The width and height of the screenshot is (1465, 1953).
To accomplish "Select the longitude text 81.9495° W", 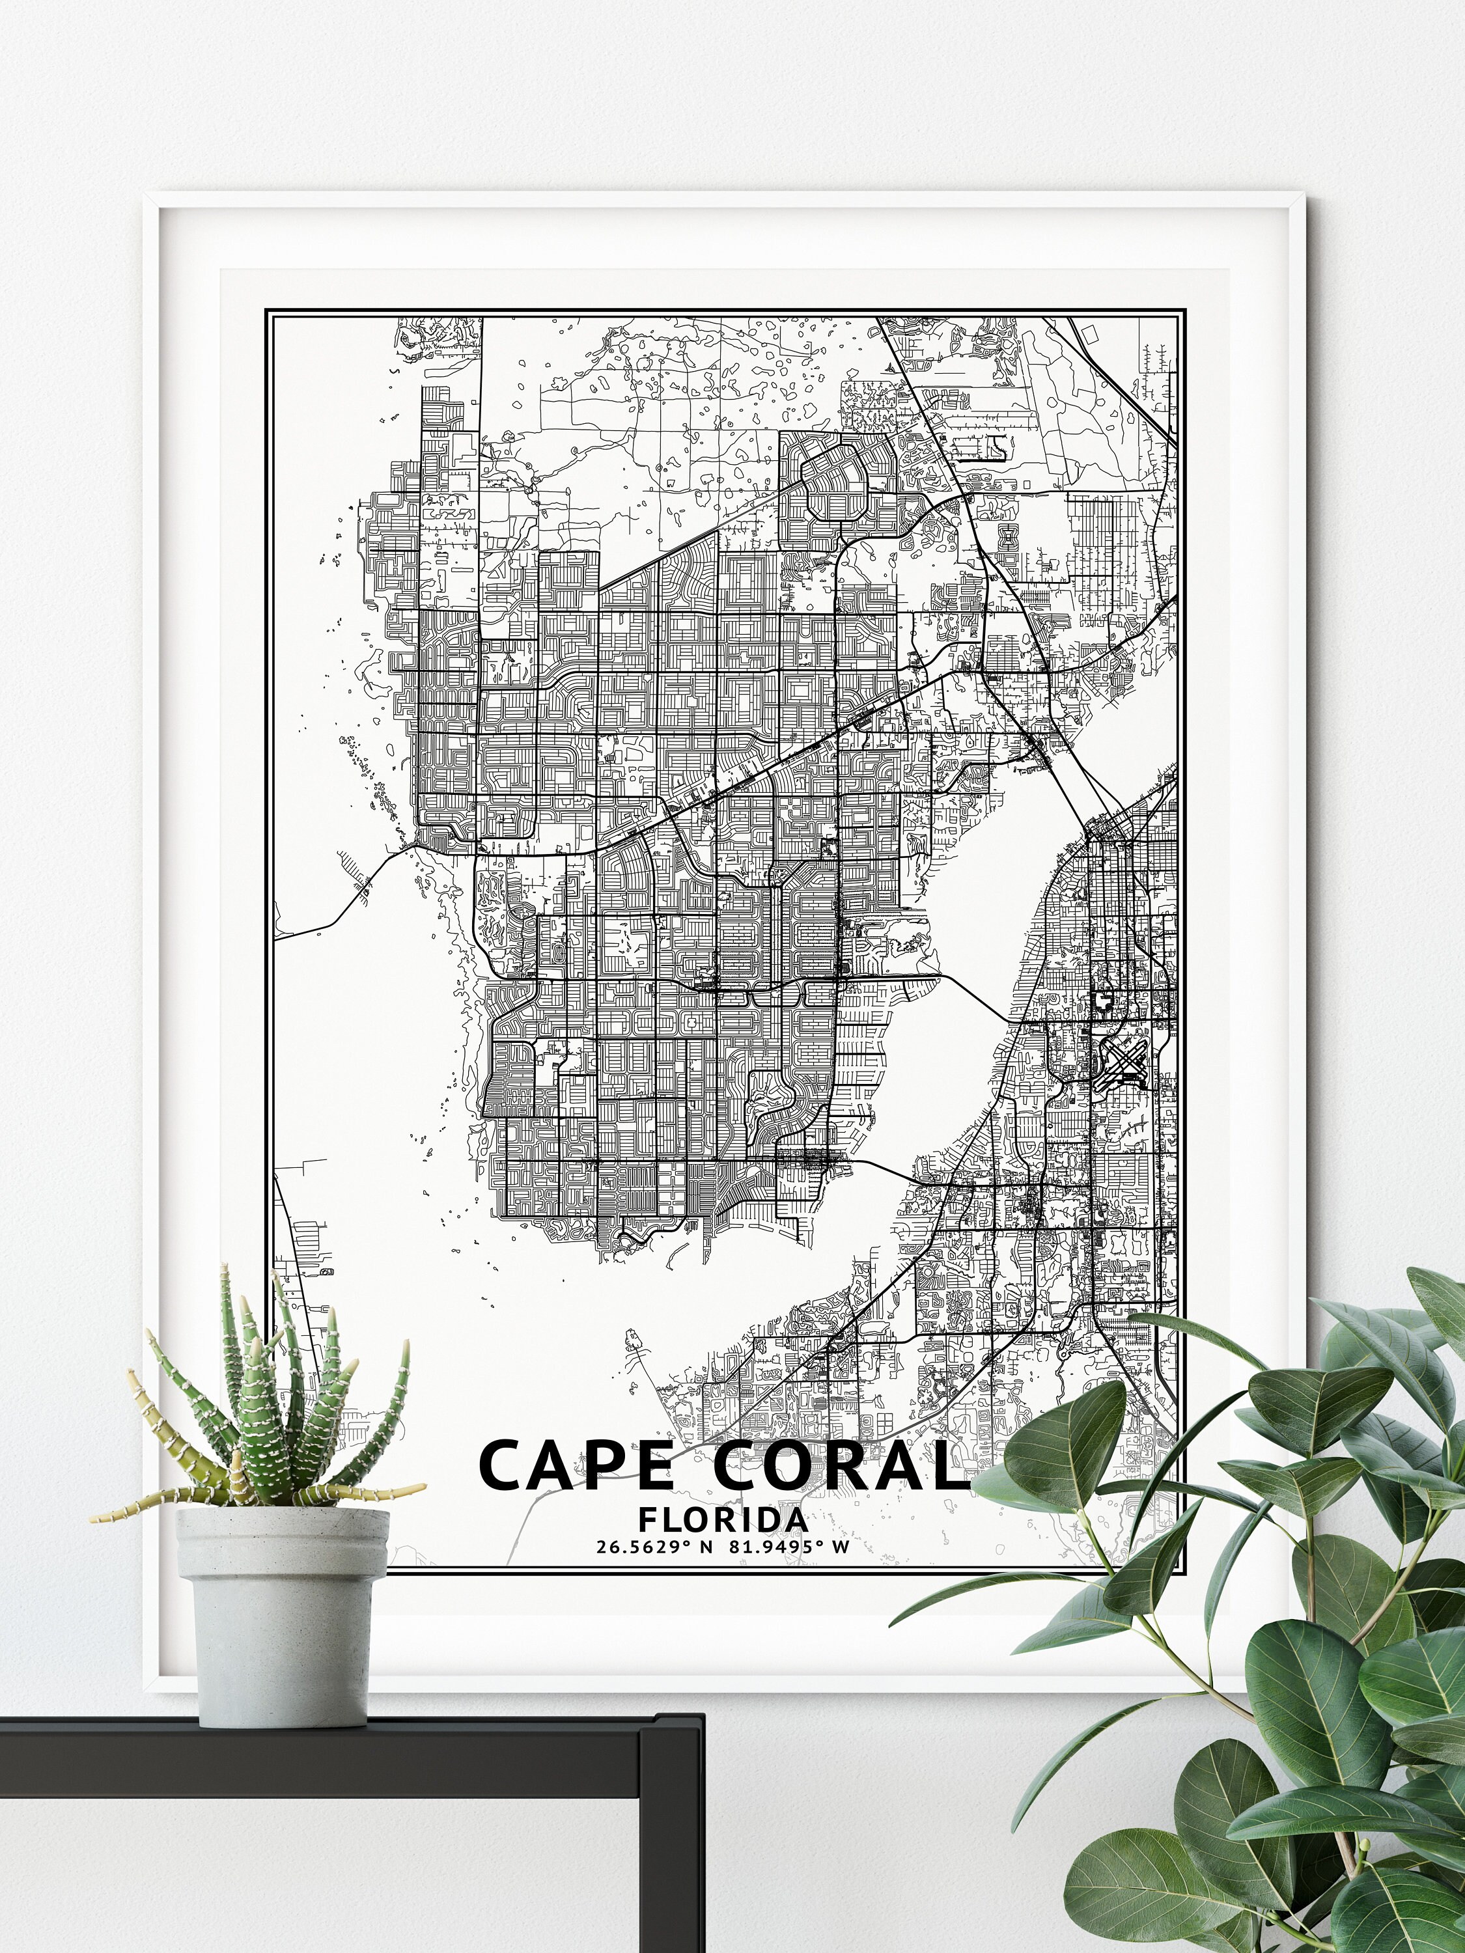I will [788, 1547].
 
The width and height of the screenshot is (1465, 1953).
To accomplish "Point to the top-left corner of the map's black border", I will [268, 311].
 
